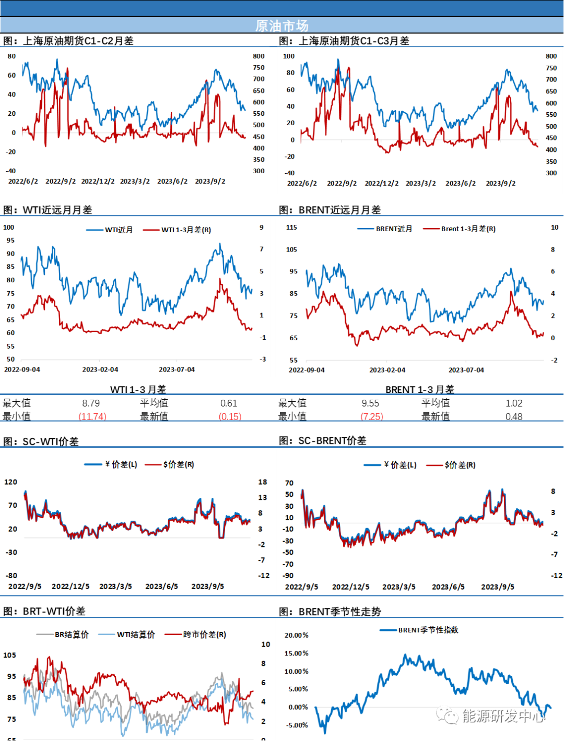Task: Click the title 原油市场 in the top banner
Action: coord(282,26)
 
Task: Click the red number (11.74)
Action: coord(92,416)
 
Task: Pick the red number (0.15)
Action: coord(230,416)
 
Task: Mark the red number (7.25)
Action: coord(372,416)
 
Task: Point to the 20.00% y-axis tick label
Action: coord(296,635)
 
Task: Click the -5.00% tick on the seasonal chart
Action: coord(296,725)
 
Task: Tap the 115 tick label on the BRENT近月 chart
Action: coord(291,227)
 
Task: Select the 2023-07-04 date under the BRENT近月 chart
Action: coord(466,370)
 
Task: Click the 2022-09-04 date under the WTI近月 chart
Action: coord(22,369)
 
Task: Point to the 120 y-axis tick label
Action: coord(10,482)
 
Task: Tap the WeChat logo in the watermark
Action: coord(448,715)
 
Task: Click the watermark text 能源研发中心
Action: coord(503,716)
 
